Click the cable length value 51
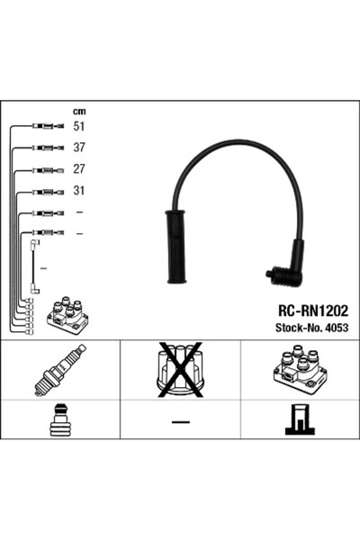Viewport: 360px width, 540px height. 79,126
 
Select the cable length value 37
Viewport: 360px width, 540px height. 79,148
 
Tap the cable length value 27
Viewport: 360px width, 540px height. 79,169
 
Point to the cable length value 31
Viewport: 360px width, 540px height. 79,190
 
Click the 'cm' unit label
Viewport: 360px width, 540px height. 79,112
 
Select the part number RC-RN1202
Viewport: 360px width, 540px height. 313,310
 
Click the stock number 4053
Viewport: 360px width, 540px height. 337,328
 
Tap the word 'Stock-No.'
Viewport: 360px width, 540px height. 299,328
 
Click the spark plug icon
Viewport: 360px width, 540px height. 60,370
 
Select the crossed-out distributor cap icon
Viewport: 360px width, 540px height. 180,370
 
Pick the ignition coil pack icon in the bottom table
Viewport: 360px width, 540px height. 300,370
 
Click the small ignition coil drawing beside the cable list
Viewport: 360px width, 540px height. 67,315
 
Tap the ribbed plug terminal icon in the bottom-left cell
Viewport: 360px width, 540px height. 60,419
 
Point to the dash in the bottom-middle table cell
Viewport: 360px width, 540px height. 181,421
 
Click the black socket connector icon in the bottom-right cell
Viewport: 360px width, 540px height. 300,419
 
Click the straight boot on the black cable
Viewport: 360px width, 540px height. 175,247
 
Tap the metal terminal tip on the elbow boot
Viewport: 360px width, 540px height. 269,274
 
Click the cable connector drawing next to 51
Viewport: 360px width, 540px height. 49,126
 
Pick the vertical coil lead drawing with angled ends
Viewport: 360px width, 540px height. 35,267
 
